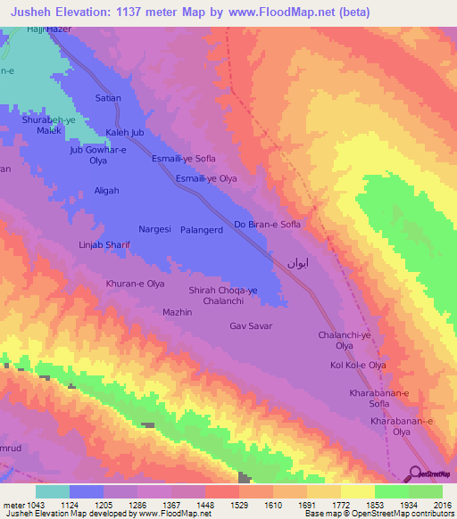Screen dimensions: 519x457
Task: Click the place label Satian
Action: click(x=108, y=97)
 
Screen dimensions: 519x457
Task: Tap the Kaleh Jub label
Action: click(x=125, y=133)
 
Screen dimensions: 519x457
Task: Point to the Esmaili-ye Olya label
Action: click(x=206, y=178)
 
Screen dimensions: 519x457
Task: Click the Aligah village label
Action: click(x=106, y=191)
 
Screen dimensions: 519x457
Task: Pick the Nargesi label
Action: click(x=154, y=229)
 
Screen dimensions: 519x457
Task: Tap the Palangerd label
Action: click(x=203, y=229)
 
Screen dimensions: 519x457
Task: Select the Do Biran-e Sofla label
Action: click(x=267, y=224)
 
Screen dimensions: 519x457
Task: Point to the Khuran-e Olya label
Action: click(x=136, y=284)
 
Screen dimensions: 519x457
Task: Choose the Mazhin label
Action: click(x=178, y=312)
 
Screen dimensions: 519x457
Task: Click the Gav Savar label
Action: click(x=251, y=326)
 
